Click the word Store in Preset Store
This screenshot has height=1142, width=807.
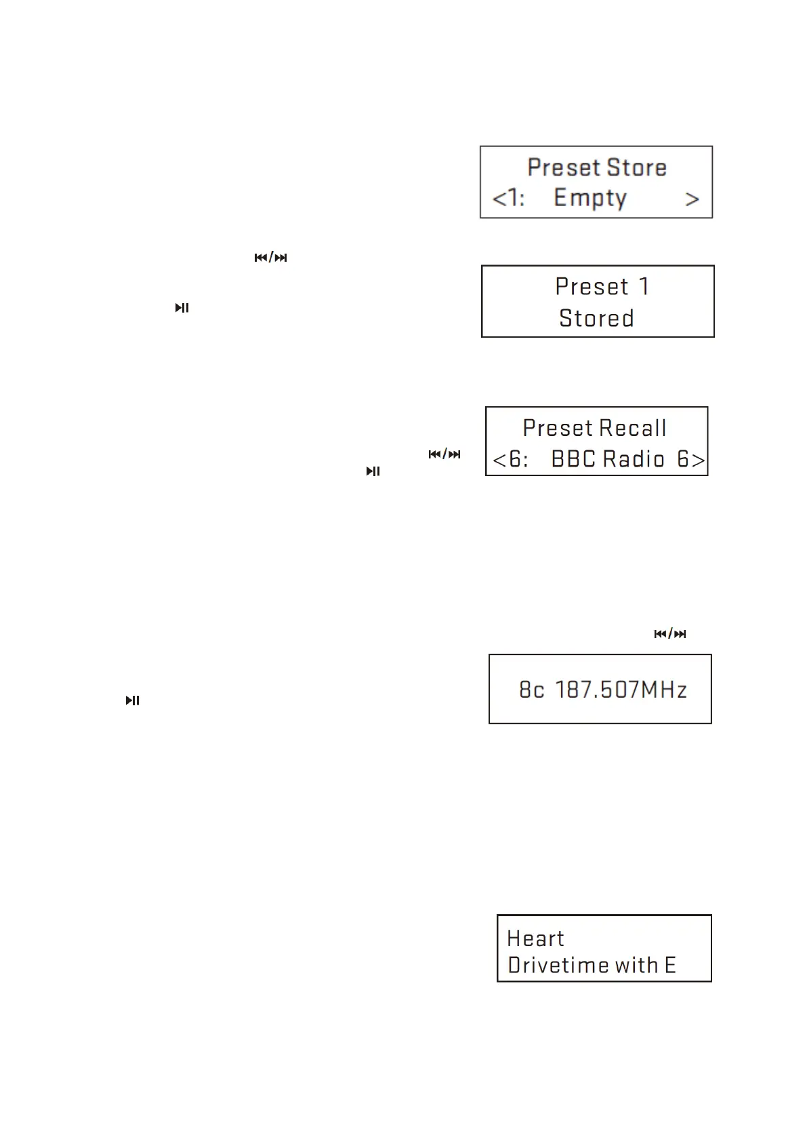(x=636, y=168)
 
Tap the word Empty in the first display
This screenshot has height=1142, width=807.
(x=589, y=198)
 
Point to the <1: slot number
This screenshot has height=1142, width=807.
(x=508, y=199)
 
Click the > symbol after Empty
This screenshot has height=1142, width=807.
(x=691, y=199)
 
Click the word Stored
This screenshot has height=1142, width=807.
(x=596, y=318)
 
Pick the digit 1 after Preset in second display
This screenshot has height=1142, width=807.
(x=643, y=286)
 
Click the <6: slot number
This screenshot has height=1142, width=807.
(x=510, y=460)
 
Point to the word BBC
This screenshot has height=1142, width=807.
(x=572, y=460)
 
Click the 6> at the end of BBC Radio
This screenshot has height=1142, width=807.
(x=690, y=460)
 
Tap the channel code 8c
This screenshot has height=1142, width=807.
(x=532, y=690)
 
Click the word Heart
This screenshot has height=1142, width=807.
(x=535, y=939)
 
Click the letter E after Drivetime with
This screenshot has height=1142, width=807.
(x=669, y=965)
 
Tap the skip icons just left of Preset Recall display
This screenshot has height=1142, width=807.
(x=444, y=454)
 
